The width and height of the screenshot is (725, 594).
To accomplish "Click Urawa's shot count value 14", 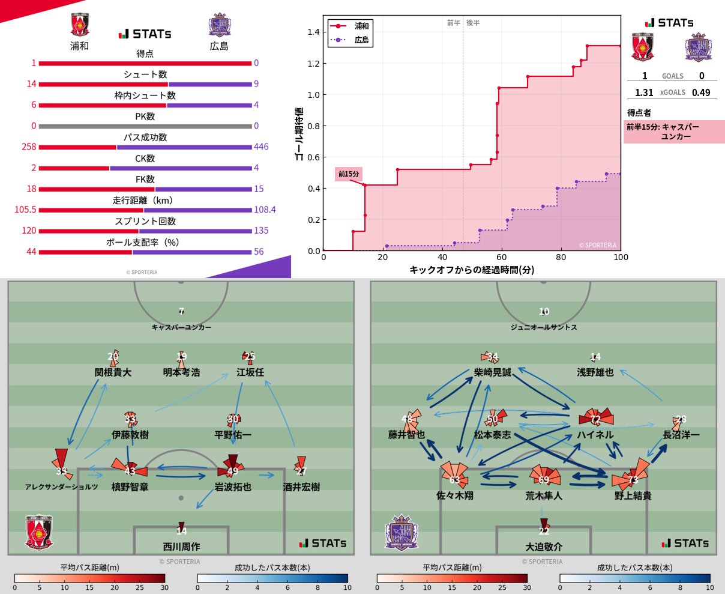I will click(31, 84).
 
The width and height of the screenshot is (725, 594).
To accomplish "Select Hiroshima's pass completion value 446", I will click(261, 147).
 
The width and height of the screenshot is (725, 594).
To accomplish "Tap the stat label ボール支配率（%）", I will click(143, 243).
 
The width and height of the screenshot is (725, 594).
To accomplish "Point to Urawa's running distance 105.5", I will click(25, 210).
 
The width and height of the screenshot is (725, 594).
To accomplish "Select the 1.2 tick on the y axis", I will click(314, 64).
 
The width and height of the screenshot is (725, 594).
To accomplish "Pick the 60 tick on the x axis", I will click(502, 257).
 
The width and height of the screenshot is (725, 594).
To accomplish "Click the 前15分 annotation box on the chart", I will click(349, 174).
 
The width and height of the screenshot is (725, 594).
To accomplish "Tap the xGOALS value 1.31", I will click(644, 92).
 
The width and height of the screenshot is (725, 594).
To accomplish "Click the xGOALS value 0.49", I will click(701, 92).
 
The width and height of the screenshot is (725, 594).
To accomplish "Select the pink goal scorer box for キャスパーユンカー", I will click(674, 132).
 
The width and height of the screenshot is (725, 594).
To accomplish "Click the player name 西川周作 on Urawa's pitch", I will click(181, 547).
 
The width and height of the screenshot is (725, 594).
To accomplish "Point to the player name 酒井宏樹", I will click(301, 487).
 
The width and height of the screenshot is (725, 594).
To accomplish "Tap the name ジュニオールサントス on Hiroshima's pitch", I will click(544, 327).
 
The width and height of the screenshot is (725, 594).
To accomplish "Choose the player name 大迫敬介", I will click(544, 547).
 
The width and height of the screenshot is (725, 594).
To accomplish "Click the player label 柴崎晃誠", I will click(493, 372).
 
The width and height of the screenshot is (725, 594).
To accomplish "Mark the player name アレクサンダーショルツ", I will click(61, 487).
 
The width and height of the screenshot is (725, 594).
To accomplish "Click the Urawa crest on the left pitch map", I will click(40, 532).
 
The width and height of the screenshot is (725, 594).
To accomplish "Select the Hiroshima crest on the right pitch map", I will click(402, 533).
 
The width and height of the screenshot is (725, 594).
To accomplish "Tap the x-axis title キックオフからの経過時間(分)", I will click(472, 270).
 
